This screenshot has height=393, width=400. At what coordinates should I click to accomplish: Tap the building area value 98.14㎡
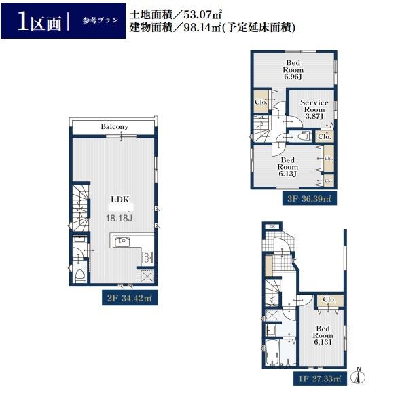pos(219,29)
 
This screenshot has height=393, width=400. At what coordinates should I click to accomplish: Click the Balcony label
pos(114,127)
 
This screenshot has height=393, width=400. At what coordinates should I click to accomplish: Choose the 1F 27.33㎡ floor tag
pos(319,376)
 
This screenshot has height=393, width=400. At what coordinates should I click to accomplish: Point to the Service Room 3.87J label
pos(314,109)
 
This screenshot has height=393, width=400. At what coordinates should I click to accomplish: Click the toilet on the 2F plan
pos(79,274)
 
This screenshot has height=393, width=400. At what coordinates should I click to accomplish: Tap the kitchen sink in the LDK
pos(124,240)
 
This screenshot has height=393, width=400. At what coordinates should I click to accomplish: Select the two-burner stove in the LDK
pos(147,257)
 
